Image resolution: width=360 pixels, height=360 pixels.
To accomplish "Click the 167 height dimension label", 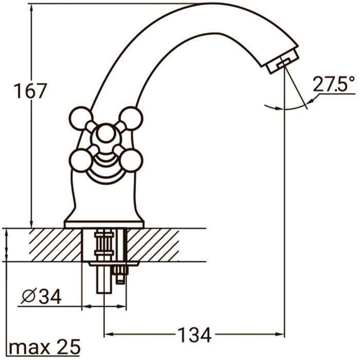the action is [30, 91].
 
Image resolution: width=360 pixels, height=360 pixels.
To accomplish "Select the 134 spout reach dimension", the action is [194, 335].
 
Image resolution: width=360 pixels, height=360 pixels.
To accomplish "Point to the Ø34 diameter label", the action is [41, 297].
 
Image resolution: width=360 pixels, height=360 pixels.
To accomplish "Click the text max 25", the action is [45, 347].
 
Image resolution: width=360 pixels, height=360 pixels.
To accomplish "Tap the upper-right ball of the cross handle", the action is [132, 118].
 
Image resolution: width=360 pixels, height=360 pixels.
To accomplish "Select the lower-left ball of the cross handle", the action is [81, 160].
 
